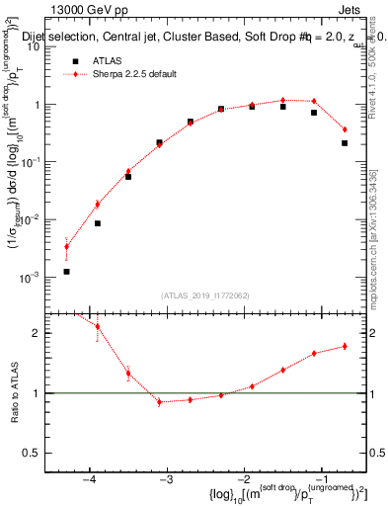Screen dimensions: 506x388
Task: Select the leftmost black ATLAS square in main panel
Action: tap(66, 271)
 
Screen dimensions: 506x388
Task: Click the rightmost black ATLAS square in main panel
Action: tap(345, 143)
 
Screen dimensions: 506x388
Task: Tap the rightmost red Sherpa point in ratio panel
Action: tap(345, 346)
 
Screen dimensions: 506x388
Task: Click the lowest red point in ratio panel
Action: tap(159, 402)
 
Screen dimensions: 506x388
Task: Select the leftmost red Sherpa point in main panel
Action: tap(66, 247)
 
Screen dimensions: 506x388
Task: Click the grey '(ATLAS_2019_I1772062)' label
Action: tap(204, 295)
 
